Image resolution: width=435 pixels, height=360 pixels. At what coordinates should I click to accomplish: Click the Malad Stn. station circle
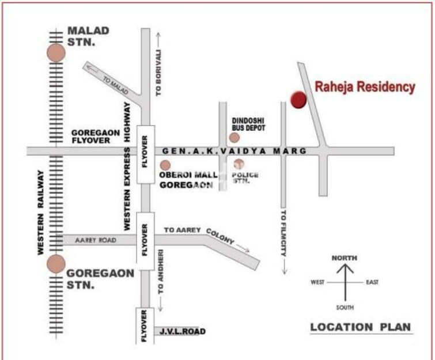tap(56, 53)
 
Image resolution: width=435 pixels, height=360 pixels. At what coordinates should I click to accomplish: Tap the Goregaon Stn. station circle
tap(56, 264)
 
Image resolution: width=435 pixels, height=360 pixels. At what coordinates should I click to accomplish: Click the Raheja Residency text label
tap(365, 87)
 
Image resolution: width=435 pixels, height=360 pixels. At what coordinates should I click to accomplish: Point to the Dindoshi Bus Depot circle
tap(234, 137)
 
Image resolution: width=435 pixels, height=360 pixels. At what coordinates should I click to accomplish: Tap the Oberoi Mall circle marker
tap(165, 166)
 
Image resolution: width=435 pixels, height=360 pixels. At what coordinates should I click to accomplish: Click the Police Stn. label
tap(245, 177)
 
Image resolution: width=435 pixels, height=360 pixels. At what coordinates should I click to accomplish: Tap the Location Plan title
tap(361, 327)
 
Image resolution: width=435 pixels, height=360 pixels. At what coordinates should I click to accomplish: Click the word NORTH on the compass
tap(345, 258)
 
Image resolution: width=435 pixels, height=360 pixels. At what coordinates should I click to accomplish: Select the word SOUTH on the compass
tap(345, 308)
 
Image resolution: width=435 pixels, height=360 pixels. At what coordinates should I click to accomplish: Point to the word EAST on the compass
tap(373, 282)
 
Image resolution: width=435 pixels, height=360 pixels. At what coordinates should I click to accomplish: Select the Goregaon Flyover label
tap(96, 136)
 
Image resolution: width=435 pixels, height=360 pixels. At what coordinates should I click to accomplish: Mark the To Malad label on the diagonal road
tap(115, 81)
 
